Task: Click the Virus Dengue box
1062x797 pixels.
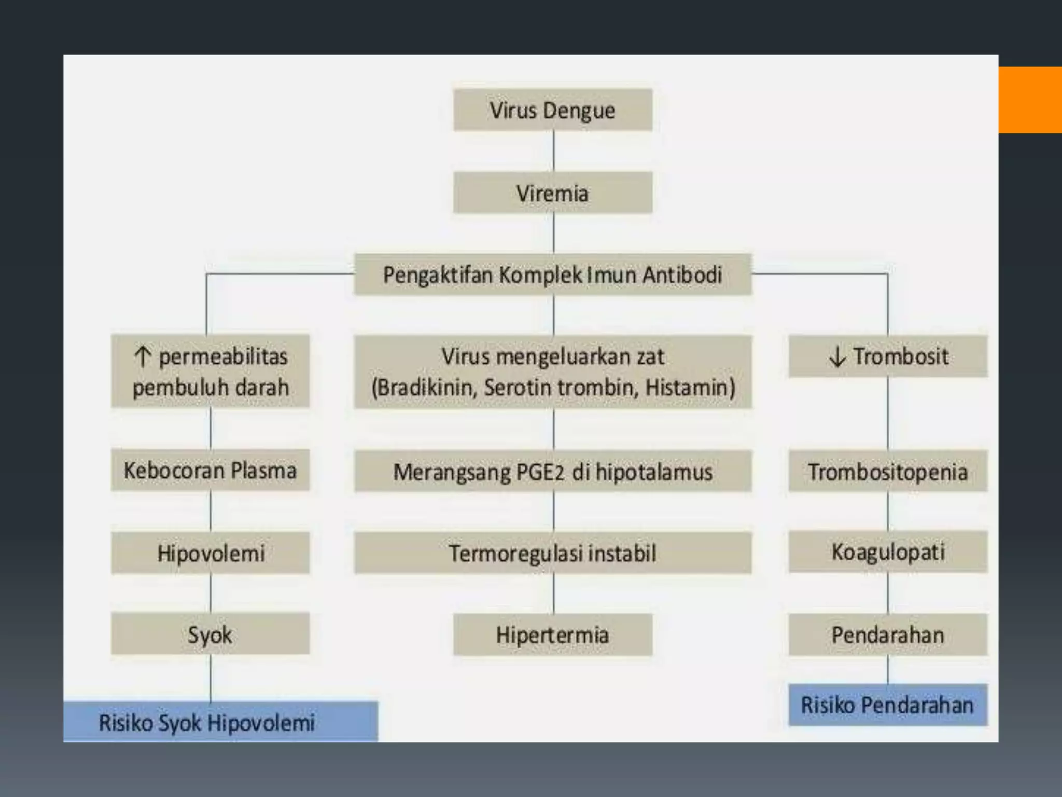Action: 553,110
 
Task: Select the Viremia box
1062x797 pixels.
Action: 553,193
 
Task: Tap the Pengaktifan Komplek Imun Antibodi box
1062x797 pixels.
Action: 553,274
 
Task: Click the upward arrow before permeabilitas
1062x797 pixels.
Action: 142,356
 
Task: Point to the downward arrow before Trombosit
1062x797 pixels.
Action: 837,356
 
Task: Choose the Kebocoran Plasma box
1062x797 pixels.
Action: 210,470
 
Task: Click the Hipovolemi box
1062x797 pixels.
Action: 210,553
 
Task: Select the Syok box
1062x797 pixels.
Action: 210,634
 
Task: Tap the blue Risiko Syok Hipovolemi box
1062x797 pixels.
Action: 220,722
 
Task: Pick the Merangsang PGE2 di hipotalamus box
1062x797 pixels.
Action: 553,472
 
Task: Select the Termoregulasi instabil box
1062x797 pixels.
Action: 553,553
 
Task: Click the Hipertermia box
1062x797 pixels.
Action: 553,635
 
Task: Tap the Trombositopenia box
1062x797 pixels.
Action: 888,472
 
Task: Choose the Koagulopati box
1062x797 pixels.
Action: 888,552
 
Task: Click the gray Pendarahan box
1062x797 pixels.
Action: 888,635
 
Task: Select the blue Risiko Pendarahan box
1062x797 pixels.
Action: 888,705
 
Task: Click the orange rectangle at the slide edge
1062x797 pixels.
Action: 1030,100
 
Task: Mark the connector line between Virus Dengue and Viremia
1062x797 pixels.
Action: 554,151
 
